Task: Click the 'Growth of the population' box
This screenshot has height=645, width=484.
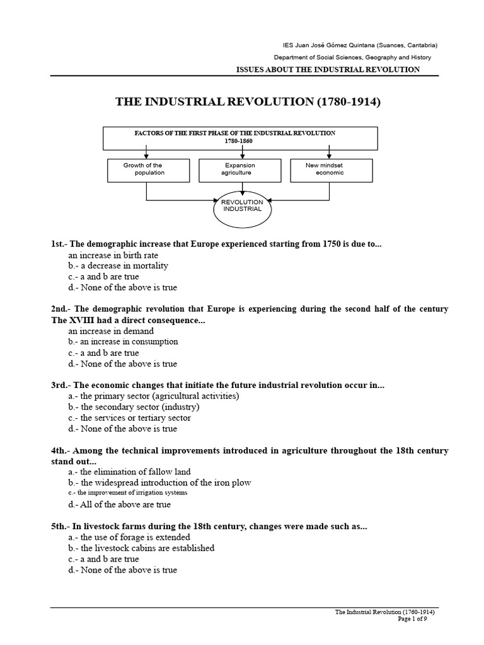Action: [x=147, y=169]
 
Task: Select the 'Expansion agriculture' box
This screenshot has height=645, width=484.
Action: [x=237, y=169]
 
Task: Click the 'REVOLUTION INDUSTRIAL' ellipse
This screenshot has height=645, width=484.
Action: [x=241, y=209]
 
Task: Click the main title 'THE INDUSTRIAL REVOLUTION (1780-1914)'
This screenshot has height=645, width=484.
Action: [x=247, y=102]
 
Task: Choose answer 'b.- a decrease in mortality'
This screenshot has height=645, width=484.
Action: [x=118, y=266]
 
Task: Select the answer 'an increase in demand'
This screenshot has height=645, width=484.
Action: [x=111, y=331]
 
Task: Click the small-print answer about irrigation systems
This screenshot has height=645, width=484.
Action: [x=128, y=493]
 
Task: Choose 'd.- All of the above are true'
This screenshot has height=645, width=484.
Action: [x=119, y=504]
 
